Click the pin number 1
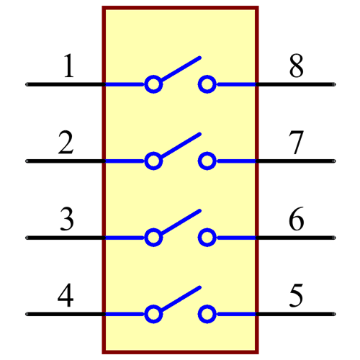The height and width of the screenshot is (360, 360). (x=68, y=66)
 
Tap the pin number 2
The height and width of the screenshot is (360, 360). (x=66, y=143)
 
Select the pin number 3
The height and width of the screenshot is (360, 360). (x=66, y=219)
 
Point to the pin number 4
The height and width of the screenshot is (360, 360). (x=66, y=295)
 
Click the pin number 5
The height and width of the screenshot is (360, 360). (x=296, y=295)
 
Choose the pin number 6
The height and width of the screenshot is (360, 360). (x=296, y=219)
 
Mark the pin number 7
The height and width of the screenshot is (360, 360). (x=296, y=143)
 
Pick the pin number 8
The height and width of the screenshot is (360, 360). (x=296, y=66)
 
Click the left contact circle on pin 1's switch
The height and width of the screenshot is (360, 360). (x=153, y=84)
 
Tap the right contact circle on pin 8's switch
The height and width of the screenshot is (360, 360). (x=207, y=84)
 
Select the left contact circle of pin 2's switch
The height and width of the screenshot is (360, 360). (x=153, y=161)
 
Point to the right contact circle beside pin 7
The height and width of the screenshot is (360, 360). (x=207, y=161)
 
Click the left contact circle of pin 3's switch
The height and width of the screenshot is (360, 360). (x=153, y=237)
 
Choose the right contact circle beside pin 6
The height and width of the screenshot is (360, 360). (x=207, y=237)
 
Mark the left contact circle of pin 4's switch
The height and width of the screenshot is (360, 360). (x=153, y=314)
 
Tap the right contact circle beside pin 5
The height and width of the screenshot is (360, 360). (x=207, y=314)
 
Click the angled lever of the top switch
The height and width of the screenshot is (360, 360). (x=179, y=68)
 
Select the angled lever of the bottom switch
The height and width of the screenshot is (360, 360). (x=179, y=298)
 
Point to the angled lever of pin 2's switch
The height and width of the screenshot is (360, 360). (x=179, y=145)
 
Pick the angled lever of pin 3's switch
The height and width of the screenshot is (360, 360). (x=179, y=221)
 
